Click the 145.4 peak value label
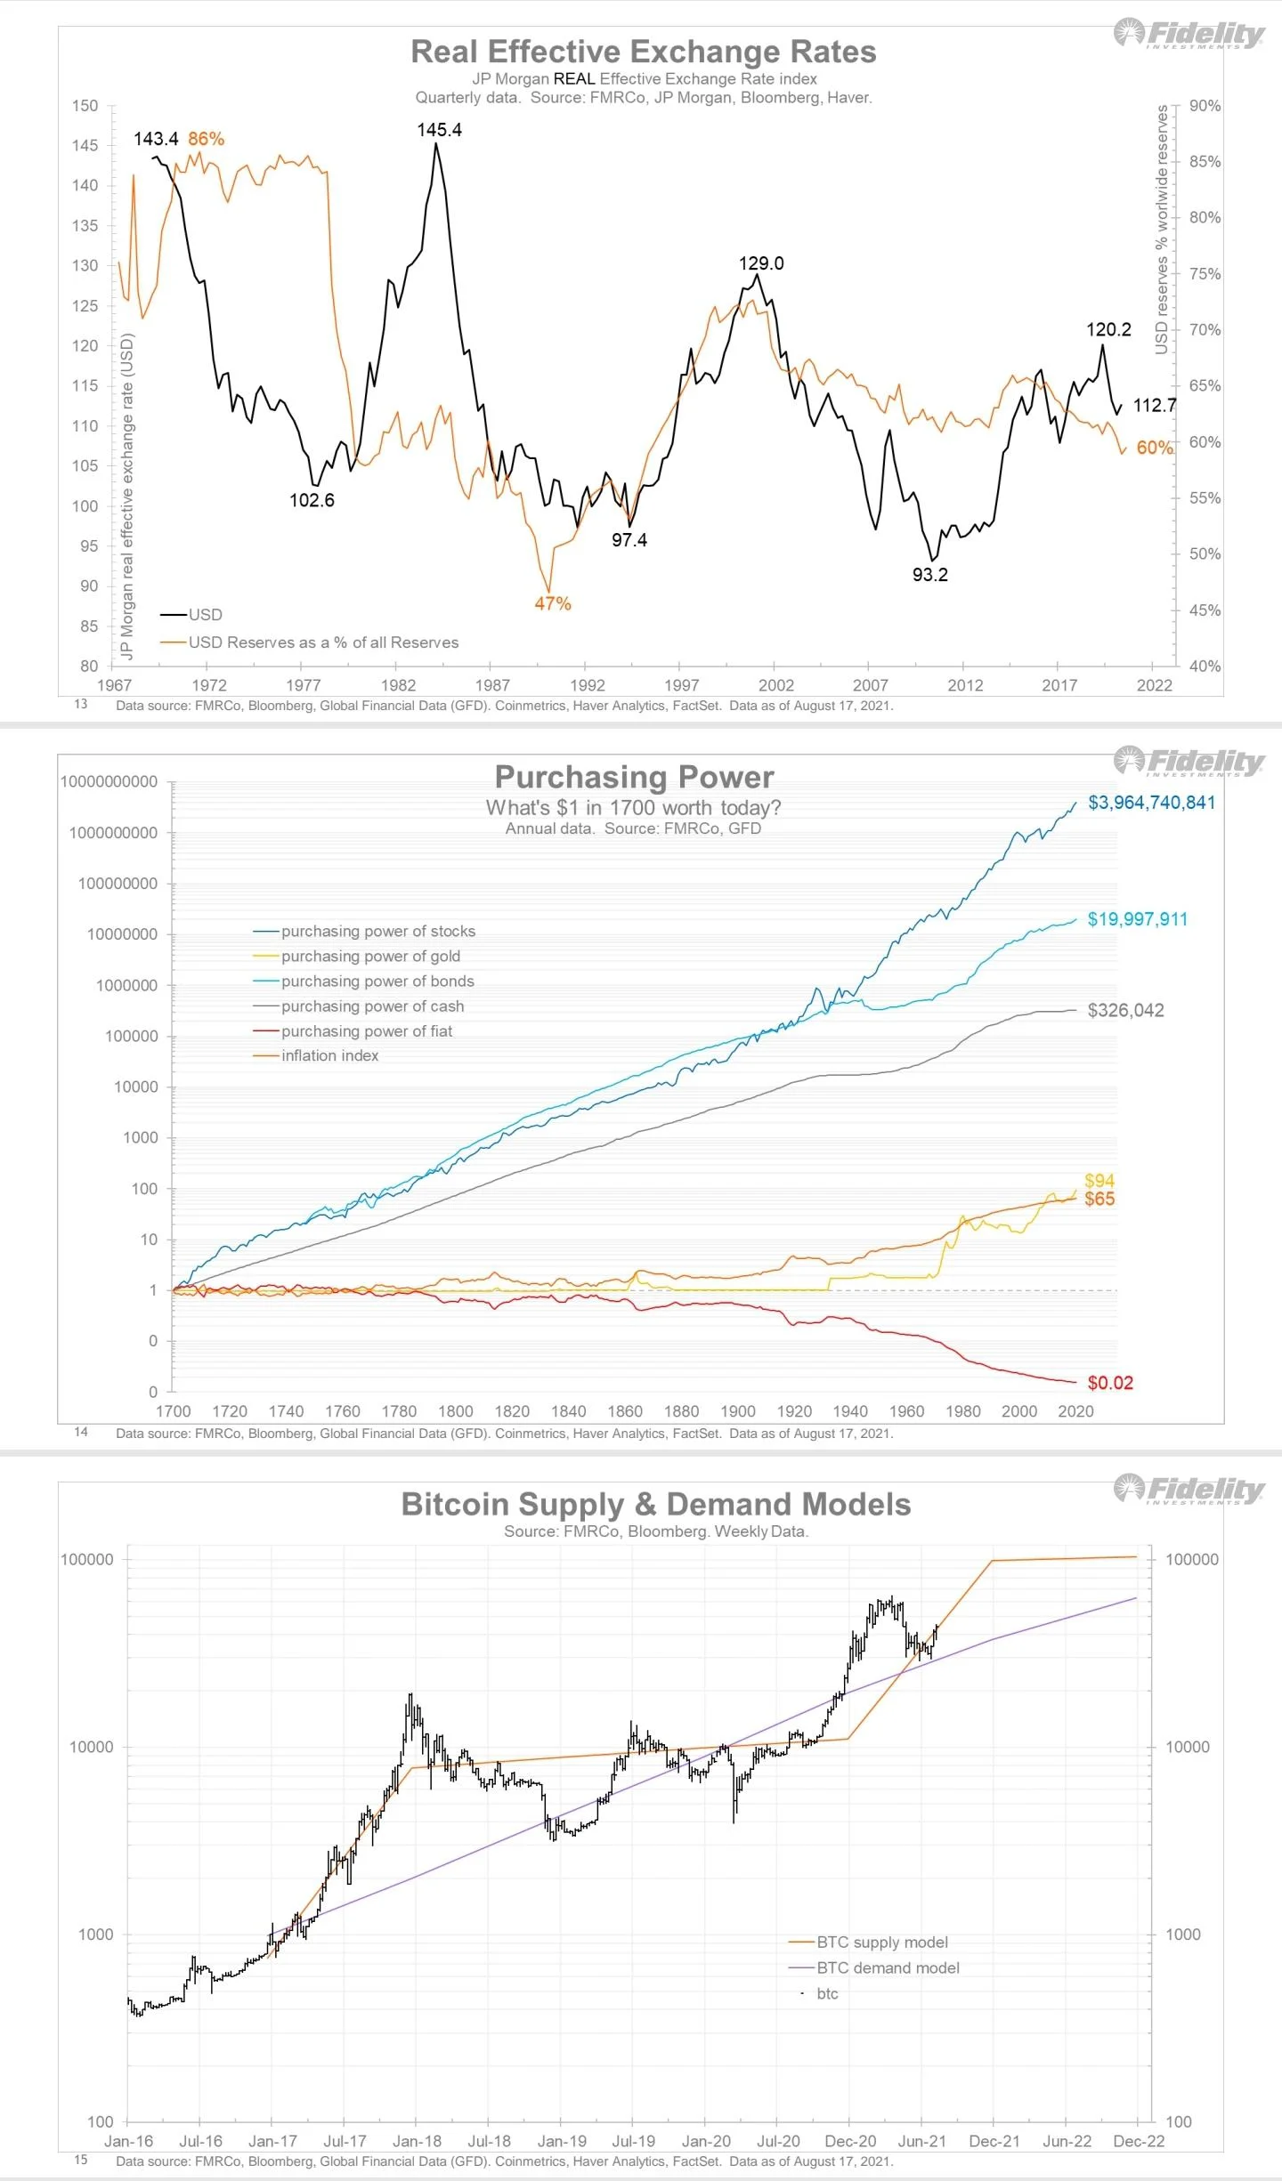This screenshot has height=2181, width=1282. [x=439, y=130]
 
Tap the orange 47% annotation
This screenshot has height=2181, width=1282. [x=553, y=603]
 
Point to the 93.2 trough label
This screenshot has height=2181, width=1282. [x=930, y=575]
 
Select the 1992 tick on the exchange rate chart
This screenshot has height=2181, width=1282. [x=587, y=685]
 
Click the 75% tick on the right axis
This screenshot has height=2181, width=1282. [x=1205, y=274]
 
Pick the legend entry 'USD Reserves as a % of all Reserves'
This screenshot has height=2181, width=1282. [x=323, y=642]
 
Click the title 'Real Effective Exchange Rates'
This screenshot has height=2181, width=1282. [x=643, y=52]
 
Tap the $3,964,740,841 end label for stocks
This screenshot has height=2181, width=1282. [x=1151, y=803]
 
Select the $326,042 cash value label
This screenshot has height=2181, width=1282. [x=1125, y=1010]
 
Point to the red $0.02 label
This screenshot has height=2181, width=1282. [x=1110, y=1383]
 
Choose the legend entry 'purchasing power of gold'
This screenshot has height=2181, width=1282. [x=370, y=956]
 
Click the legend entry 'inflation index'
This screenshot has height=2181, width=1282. [x=329, y=1055]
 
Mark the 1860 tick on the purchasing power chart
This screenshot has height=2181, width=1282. [x=625, y=1411]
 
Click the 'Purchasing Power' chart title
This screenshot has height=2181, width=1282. [x=634, y=777]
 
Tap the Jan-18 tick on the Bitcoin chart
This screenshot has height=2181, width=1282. [x=417, y=2141]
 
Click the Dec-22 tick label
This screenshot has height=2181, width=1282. [x=1139, y=2141]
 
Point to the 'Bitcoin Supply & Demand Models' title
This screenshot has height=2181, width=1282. [x=655, y=1504]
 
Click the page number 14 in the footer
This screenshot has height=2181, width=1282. [x=81, y=1432]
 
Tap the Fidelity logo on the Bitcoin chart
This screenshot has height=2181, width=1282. [x=1189, y=1489]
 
